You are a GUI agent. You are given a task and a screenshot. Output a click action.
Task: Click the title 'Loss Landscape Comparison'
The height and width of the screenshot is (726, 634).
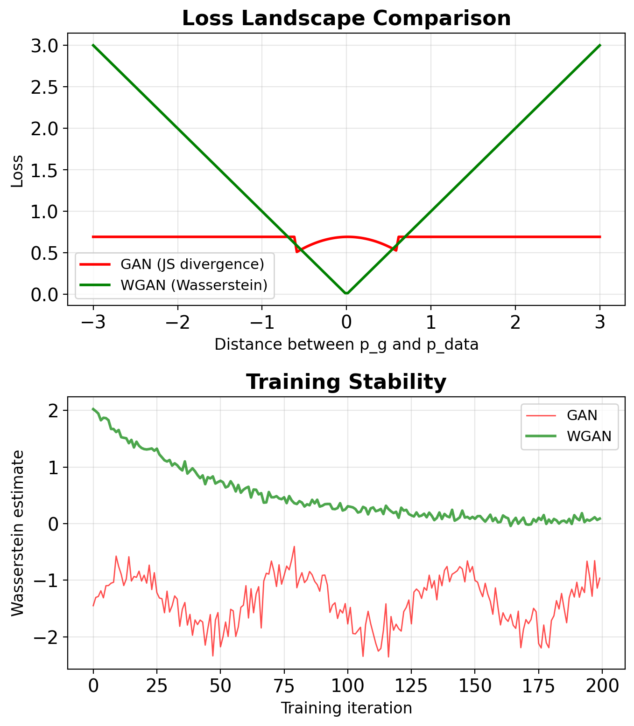coord(346,19)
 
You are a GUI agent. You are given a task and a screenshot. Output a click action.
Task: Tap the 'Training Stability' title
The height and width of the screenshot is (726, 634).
coord(346,382)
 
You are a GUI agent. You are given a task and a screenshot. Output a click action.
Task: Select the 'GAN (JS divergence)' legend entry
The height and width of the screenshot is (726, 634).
coord(192,264)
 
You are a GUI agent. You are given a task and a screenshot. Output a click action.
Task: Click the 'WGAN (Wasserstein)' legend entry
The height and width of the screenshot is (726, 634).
coord(194,285)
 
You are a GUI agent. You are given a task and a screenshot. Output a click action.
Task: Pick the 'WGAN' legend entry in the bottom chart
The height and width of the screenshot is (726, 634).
coord(589,436)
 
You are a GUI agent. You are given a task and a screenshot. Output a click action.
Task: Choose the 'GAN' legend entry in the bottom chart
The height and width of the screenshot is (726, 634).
coord(582,415)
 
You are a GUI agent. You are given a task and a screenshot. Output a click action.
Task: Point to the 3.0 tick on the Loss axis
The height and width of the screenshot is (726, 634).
coord(46,45)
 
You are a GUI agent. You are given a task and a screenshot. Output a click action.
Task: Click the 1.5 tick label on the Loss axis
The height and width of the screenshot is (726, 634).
coord(46,170)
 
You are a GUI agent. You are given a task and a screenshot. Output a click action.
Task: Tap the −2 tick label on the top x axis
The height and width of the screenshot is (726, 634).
coord(177,322)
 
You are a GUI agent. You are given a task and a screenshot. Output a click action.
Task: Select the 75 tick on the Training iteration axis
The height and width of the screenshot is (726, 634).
coord(283,686)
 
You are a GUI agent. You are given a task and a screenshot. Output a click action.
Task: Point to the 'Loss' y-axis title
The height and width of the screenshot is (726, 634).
coord(17,170)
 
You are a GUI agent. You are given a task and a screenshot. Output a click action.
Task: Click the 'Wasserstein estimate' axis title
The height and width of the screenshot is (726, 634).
coord(17,533)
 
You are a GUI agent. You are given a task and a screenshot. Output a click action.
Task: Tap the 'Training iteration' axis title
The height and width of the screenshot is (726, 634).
coord(346,708)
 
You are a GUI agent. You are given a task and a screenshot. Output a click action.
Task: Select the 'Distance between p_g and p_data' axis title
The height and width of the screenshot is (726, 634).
coord(346,345)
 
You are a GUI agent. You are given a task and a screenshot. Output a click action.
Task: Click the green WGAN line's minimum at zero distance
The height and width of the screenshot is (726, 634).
coord(346,294)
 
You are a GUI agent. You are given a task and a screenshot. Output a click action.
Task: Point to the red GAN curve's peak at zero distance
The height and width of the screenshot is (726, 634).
coord(346,237)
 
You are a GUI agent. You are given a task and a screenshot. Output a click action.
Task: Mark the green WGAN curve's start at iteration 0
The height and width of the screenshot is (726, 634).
coord(93,409)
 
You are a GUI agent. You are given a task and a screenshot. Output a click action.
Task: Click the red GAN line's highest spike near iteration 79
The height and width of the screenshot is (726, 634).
coord(294,546)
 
